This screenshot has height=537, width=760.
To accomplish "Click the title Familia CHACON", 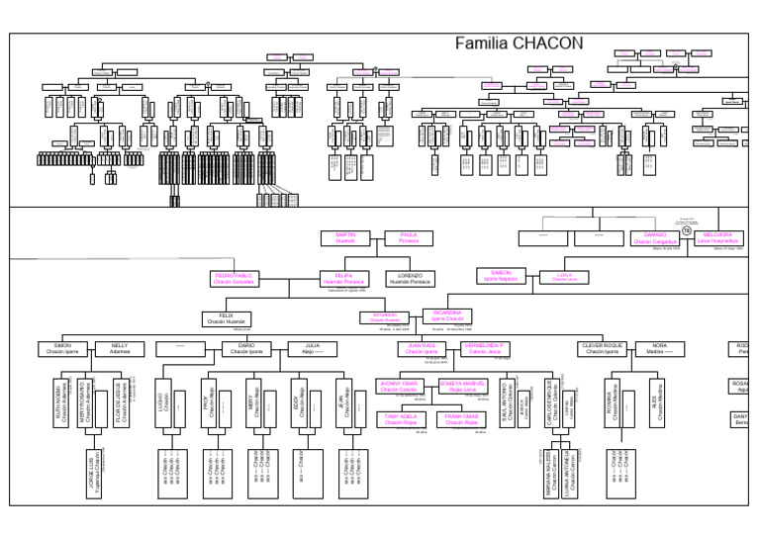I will [x=519, y=44].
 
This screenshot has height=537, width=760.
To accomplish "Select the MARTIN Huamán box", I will [x=345, y=237].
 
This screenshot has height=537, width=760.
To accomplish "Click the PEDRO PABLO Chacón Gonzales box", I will [x=235, y=279].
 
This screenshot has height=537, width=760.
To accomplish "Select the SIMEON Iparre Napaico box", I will [x=501, y=277].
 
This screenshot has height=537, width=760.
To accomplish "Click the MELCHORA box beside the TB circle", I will [x=718, y=237].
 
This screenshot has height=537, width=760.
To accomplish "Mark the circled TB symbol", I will [x=687, y=229].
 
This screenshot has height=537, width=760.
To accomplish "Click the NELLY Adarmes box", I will [x=120, y=348].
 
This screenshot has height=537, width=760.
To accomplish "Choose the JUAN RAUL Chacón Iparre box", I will [x=423, y=348].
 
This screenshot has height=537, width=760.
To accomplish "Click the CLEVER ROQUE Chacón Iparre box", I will [x=602, y=348].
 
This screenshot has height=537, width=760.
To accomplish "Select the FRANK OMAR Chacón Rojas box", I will [x=462, y=419].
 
